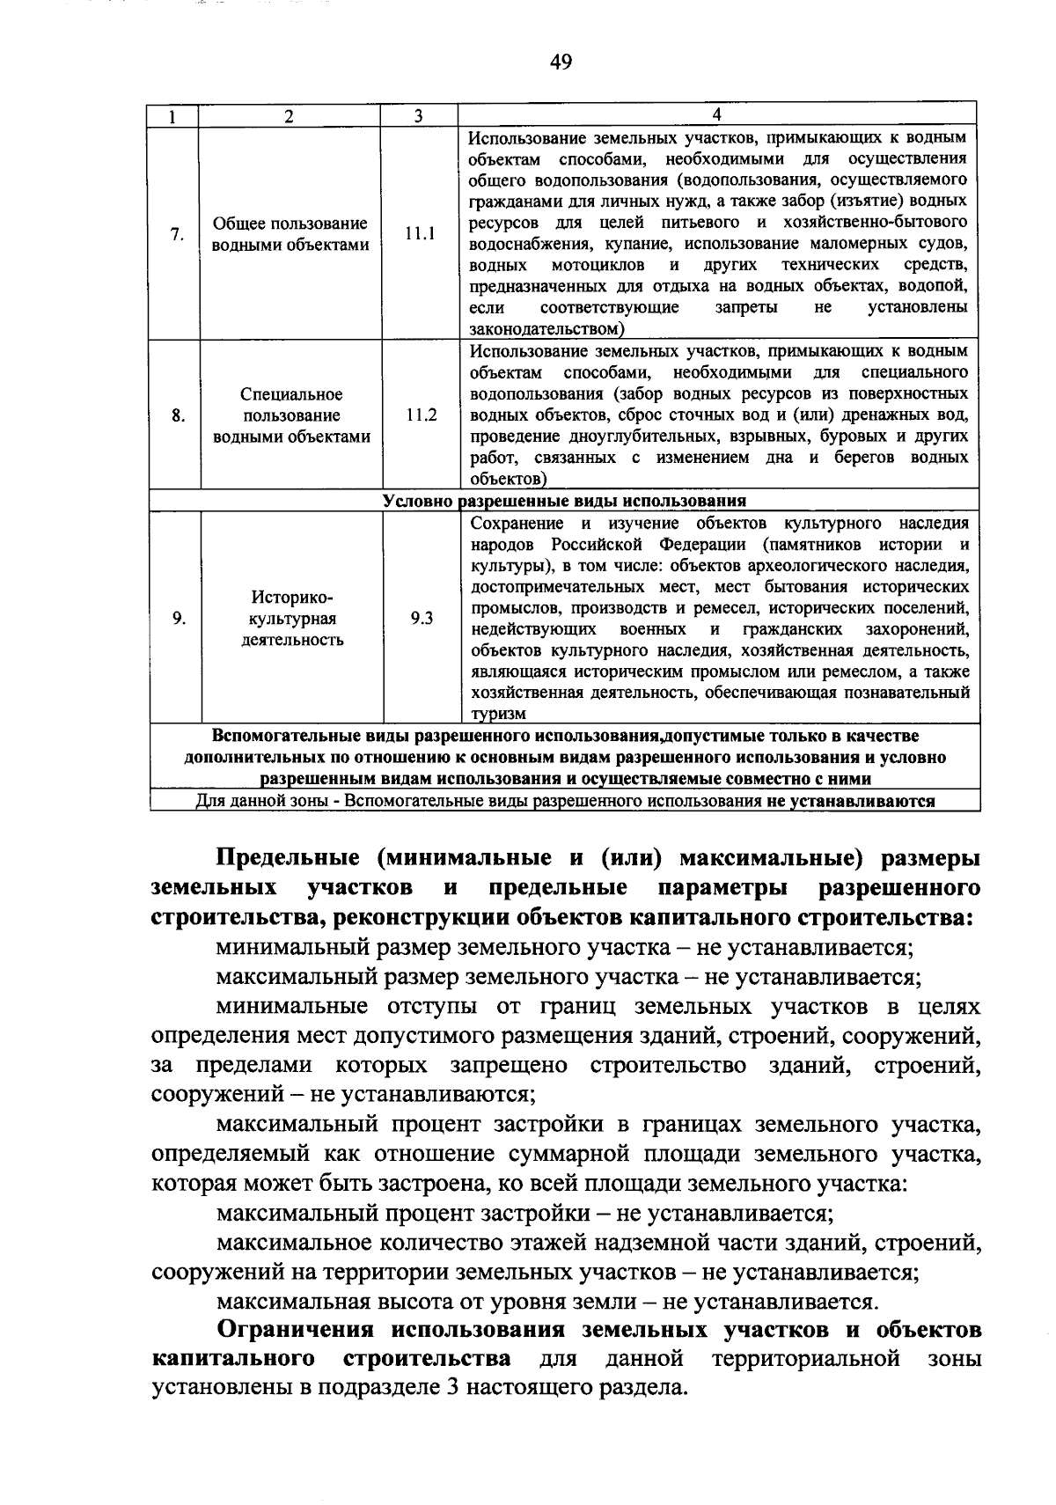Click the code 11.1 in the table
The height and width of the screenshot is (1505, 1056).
[420, 234]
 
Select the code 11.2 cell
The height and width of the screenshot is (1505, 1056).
[421, 415]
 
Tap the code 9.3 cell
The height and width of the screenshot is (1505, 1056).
[422, 618]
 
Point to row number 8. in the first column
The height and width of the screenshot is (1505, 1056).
[178, 415]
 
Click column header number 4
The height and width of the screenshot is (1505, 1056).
[717, 115]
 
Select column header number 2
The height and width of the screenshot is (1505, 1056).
[289, 116]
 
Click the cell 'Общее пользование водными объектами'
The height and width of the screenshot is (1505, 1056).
[290, 234]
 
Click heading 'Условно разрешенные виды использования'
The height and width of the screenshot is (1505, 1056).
[564, 501]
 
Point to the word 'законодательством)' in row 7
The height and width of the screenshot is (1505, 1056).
[546, 329]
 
